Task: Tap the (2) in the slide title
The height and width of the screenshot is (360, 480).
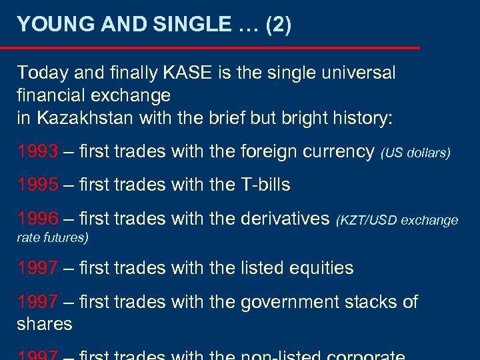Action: pyautogui.click(x=278, y=25)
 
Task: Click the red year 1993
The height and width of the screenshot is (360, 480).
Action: pyautogui.click(x=37, y=152)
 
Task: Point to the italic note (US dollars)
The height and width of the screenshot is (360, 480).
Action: pyautogui.click(x=415, y=153)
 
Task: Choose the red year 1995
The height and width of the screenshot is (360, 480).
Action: pyautogui.click(x=37, y=185)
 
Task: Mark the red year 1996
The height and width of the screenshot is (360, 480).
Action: pyautogui.click(x=37, y=218)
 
